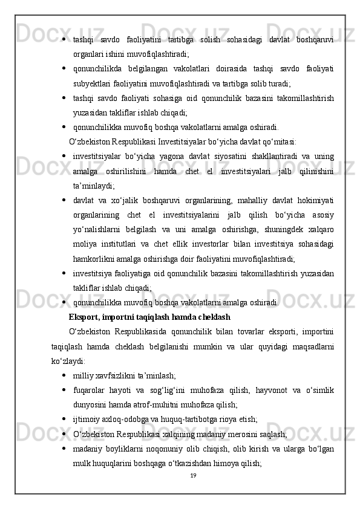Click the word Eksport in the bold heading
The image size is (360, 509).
click(84, 316)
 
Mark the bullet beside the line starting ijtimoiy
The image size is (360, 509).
click(64, 418)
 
